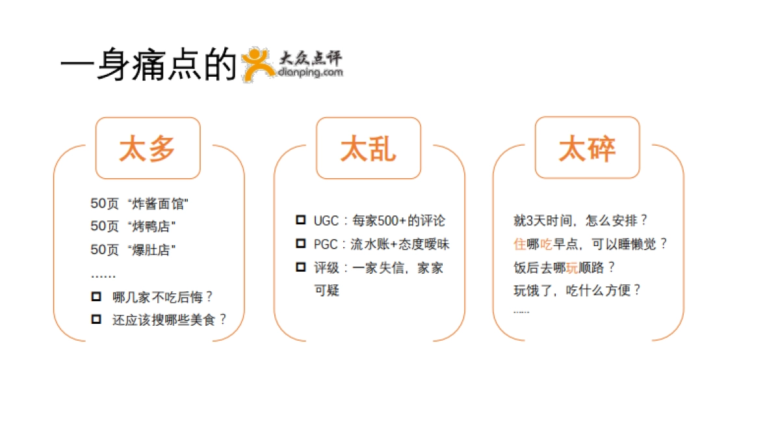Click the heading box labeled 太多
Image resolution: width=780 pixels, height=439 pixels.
coord(148,148)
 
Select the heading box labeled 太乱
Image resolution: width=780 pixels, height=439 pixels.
coord(368,148)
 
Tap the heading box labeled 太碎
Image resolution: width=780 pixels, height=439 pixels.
coord(587,148)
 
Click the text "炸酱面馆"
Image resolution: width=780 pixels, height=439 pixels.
coord(159,204)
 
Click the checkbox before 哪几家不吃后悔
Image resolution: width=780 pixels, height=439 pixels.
coord(96,297)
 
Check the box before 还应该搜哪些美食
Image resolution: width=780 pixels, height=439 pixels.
coord(96,319)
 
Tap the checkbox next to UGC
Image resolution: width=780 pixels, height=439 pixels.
coord(300,220)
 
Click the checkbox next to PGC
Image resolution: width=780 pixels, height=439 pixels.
coord(300,243)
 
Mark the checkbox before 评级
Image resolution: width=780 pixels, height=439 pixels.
coord(300,267)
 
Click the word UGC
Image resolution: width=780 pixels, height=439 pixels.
coord(326,220)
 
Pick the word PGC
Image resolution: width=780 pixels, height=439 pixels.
coord(326,244)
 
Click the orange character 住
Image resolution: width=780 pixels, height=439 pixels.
coord(519,244)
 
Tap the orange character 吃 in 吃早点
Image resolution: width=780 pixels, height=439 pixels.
coord(546,244)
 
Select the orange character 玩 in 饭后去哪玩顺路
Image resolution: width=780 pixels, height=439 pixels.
coord(572,267)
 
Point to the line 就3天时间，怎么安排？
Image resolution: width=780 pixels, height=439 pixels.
coord(581,220)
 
